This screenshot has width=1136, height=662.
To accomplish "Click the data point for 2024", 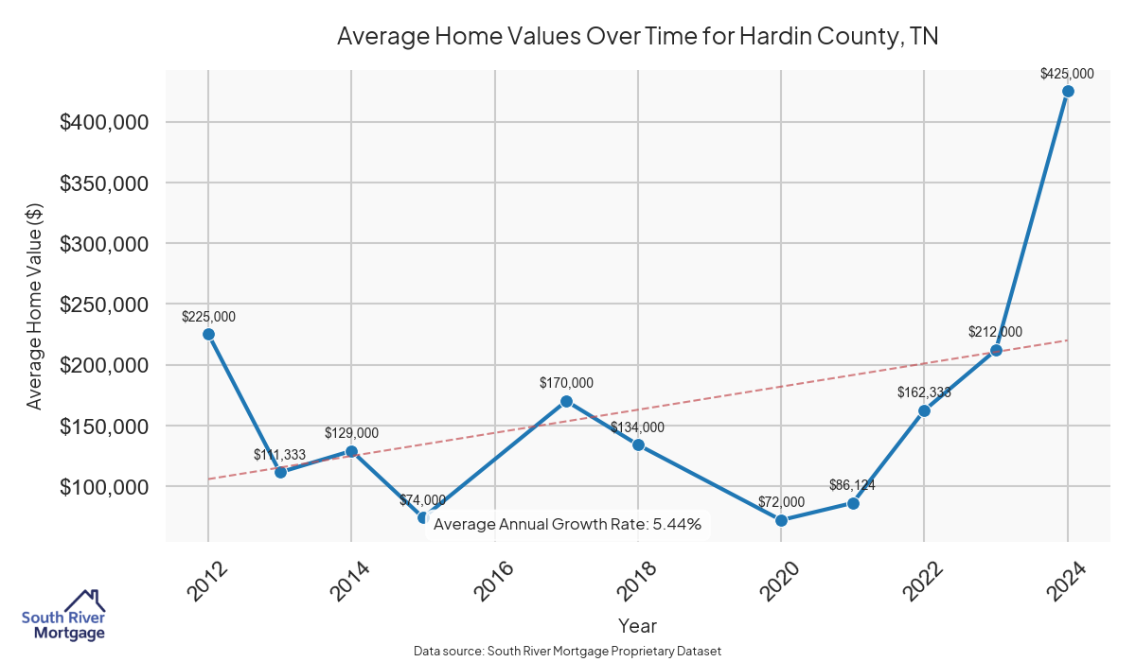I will pos(1068,92).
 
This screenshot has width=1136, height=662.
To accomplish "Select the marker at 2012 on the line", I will pos(208,334).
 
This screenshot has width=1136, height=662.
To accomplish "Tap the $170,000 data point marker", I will pos(566,401).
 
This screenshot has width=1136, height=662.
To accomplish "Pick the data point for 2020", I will pos(781,520).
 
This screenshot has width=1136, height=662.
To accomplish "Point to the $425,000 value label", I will pos(1067,73).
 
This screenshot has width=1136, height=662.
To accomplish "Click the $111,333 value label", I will pos(279,455).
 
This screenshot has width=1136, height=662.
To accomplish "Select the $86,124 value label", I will pos(853,485).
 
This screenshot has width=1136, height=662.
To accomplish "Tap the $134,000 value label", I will pos(637,427).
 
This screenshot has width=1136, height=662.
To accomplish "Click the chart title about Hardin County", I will pos(637,37).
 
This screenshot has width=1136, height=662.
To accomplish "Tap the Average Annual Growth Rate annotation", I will pos(567,524).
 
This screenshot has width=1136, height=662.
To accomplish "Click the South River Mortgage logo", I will pos(64,615).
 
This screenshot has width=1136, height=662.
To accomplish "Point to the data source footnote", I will pos(568,651).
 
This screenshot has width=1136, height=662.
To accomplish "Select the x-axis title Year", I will pos(637,625).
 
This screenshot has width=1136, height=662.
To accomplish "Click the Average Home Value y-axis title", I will pos(35,305).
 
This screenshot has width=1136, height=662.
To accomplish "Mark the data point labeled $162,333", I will pos(924,410).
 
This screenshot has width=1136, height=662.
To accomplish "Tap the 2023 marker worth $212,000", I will pos(996,350).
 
